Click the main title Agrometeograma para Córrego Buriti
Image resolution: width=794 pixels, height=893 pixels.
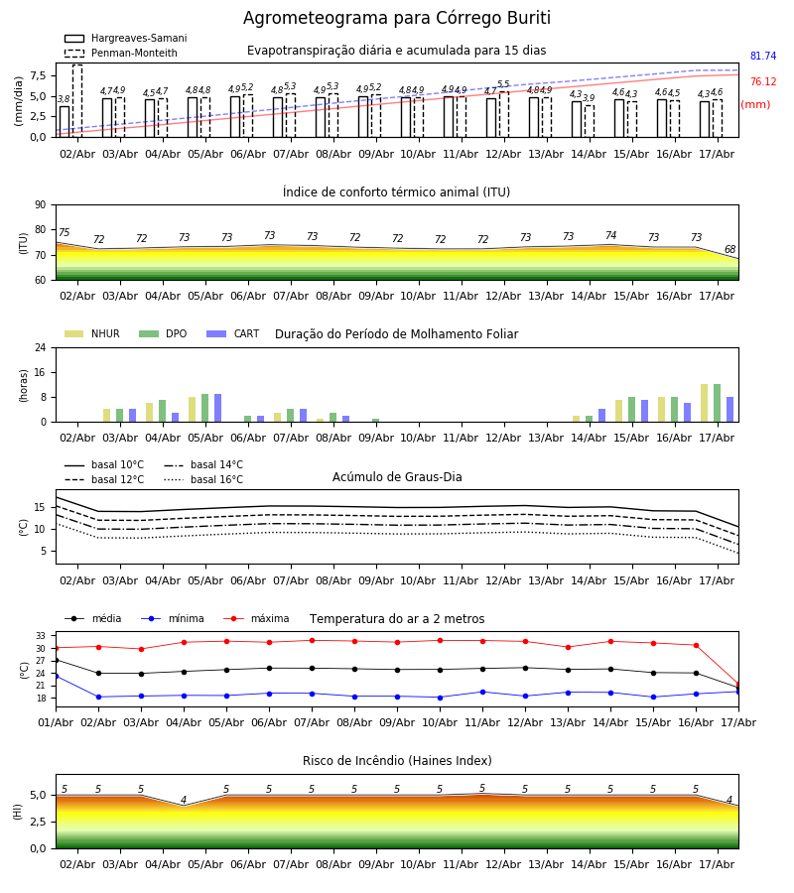(396, 18)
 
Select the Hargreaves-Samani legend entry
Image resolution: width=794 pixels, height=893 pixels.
(125, 38)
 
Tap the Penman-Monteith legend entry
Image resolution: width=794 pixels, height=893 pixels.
(121, 53)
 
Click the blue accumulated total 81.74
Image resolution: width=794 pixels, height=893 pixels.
(763, 56)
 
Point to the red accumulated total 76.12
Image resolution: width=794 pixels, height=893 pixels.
(763, 81)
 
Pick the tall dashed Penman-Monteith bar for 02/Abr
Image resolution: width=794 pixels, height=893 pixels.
(77, 101)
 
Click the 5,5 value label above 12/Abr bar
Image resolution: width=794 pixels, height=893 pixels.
(503, 84)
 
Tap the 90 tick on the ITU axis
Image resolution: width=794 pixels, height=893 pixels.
(41, 205)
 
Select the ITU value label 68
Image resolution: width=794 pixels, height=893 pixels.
(729, 249)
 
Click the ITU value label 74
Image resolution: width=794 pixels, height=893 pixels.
(610, 235)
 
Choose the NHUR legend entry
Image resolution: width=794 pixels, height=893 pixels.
(92, 333)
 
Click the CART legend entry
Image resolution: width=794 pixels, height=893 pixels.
(233, 333)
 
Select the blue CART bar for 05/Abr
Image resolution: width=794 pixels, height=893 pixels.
(217, 408)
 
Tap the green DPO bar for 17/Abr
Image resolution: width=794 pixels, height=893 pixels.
(718, 403)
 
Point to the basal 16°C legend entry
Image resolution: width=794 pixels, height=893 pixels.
(203, 479)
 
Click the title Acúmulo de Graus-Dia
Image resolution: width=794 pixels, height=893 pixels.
(397, 477)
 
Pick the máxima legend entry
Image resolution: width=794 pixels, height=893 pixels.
(256, 618)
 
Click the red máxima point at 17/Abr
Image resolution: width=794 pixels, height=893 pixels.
(738, 684)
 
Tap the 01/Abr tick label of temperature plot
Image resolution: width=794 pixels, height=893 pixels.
(56, 722)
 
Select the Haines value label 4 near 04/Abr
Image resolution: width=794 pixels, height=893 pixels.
(184, 800)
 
